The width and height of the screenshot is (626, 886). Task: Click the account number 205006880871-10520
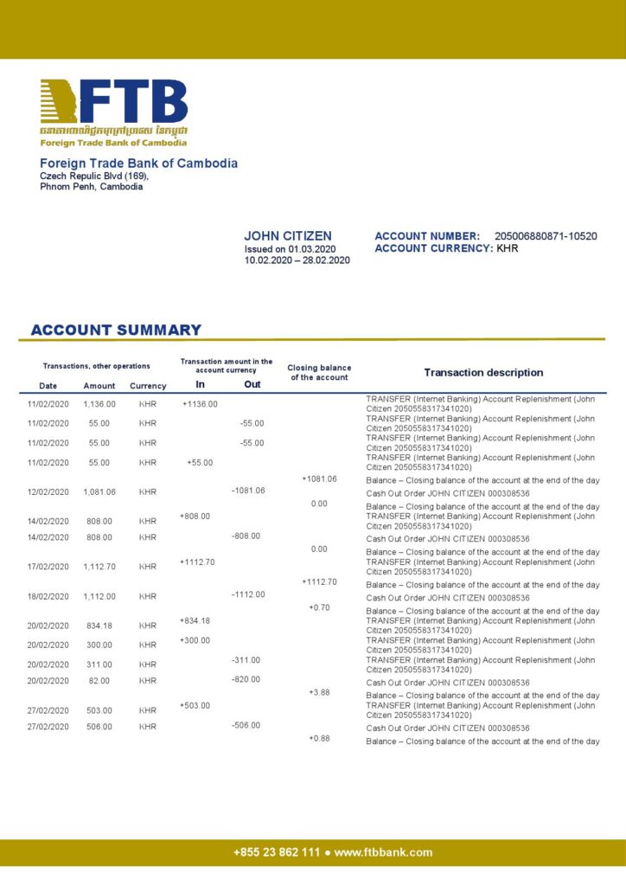click(x=545, y=236)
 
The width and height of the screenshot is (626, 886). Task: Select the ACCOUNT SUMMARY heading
click(x=116, y=330)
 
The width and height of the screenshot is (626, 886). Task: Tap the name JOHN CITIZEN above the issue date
click(x=287, y=236)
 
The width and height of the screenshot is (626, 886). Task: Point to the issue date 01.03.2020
click(x=312, y=248)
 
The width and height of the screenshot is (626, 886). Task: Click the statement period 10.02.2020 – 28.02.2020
click(x=297, y=260)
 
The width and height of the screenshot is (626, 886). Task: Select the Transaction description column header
click(x=483, y=372)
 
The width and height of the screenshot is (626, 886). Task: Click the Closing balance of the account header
click(x=319, y=372)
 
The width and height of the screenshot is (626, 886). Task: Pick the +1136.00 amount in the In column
click(x=200, y=403)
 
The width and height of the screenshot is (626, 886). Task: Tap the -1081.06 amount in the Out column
click(x=248, y=491)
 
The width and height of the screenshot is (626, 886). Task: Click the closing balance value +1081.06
click(x=319, y=478)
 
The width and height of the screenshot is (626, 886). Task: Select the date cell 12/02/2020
click(x=48, y=492)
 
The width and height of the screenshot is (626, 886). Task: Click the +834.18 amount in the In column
click(x=195, y=620)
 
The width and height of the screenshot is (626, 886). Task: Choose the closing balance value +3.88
click(x=319, y=692)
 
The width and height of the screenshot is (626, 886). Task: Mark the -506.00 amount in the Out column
click(x=246, y=725)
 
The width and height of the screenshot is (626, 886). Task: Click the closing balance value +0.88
click(x=319, y=738)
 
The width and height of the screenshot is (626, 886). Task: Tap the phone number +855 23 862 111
click(x=276, y=852)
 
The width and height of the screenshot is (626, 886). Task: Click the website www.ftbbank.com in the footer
click(x=383, y=852)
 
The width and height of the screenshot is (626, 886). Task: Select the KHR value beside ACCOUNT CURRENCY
click(x=508, y=248)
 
